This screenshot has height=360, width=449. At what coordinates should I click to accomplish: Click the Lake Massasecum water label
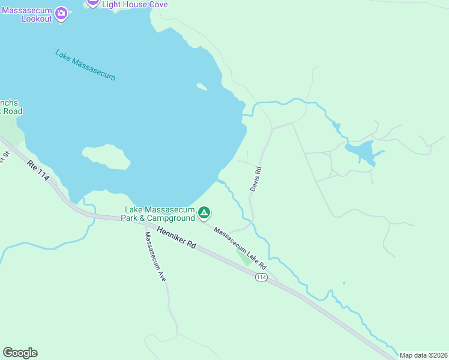(85, 65)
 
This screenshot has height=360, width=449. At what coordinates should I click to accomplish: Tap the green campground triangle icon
(205, 212)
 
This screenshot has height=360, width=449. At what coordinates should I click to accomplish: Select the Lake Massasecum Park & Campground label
(160, 214)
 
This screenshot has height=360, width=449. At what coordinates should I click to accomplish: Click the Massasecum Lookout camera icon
(61, 13)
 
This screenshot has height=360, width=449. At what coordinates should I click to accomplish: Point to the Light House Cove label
(134, 4)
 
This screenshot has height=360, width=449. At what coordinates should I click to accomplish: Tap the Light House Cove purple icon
(92, 2)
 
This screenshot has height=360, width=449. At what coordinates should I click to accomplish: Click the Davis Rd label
(256, 179)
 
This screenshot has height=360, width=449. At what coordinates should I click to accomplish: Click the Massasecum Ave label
(155, 257)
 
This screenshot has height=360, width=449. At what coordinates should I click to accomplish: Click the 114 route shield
(261, 277)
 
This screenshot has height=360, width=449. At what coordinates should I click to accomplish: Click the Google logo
(20, 353)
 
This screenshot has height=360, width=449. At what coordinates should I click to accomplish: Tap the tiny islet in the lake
(202, 87)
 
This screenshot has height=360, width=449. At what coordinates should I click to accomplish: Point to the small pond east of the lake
(362, 151)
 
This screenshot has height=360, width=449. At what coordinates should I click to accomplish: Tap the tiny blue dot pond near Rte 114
(344, 283)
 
